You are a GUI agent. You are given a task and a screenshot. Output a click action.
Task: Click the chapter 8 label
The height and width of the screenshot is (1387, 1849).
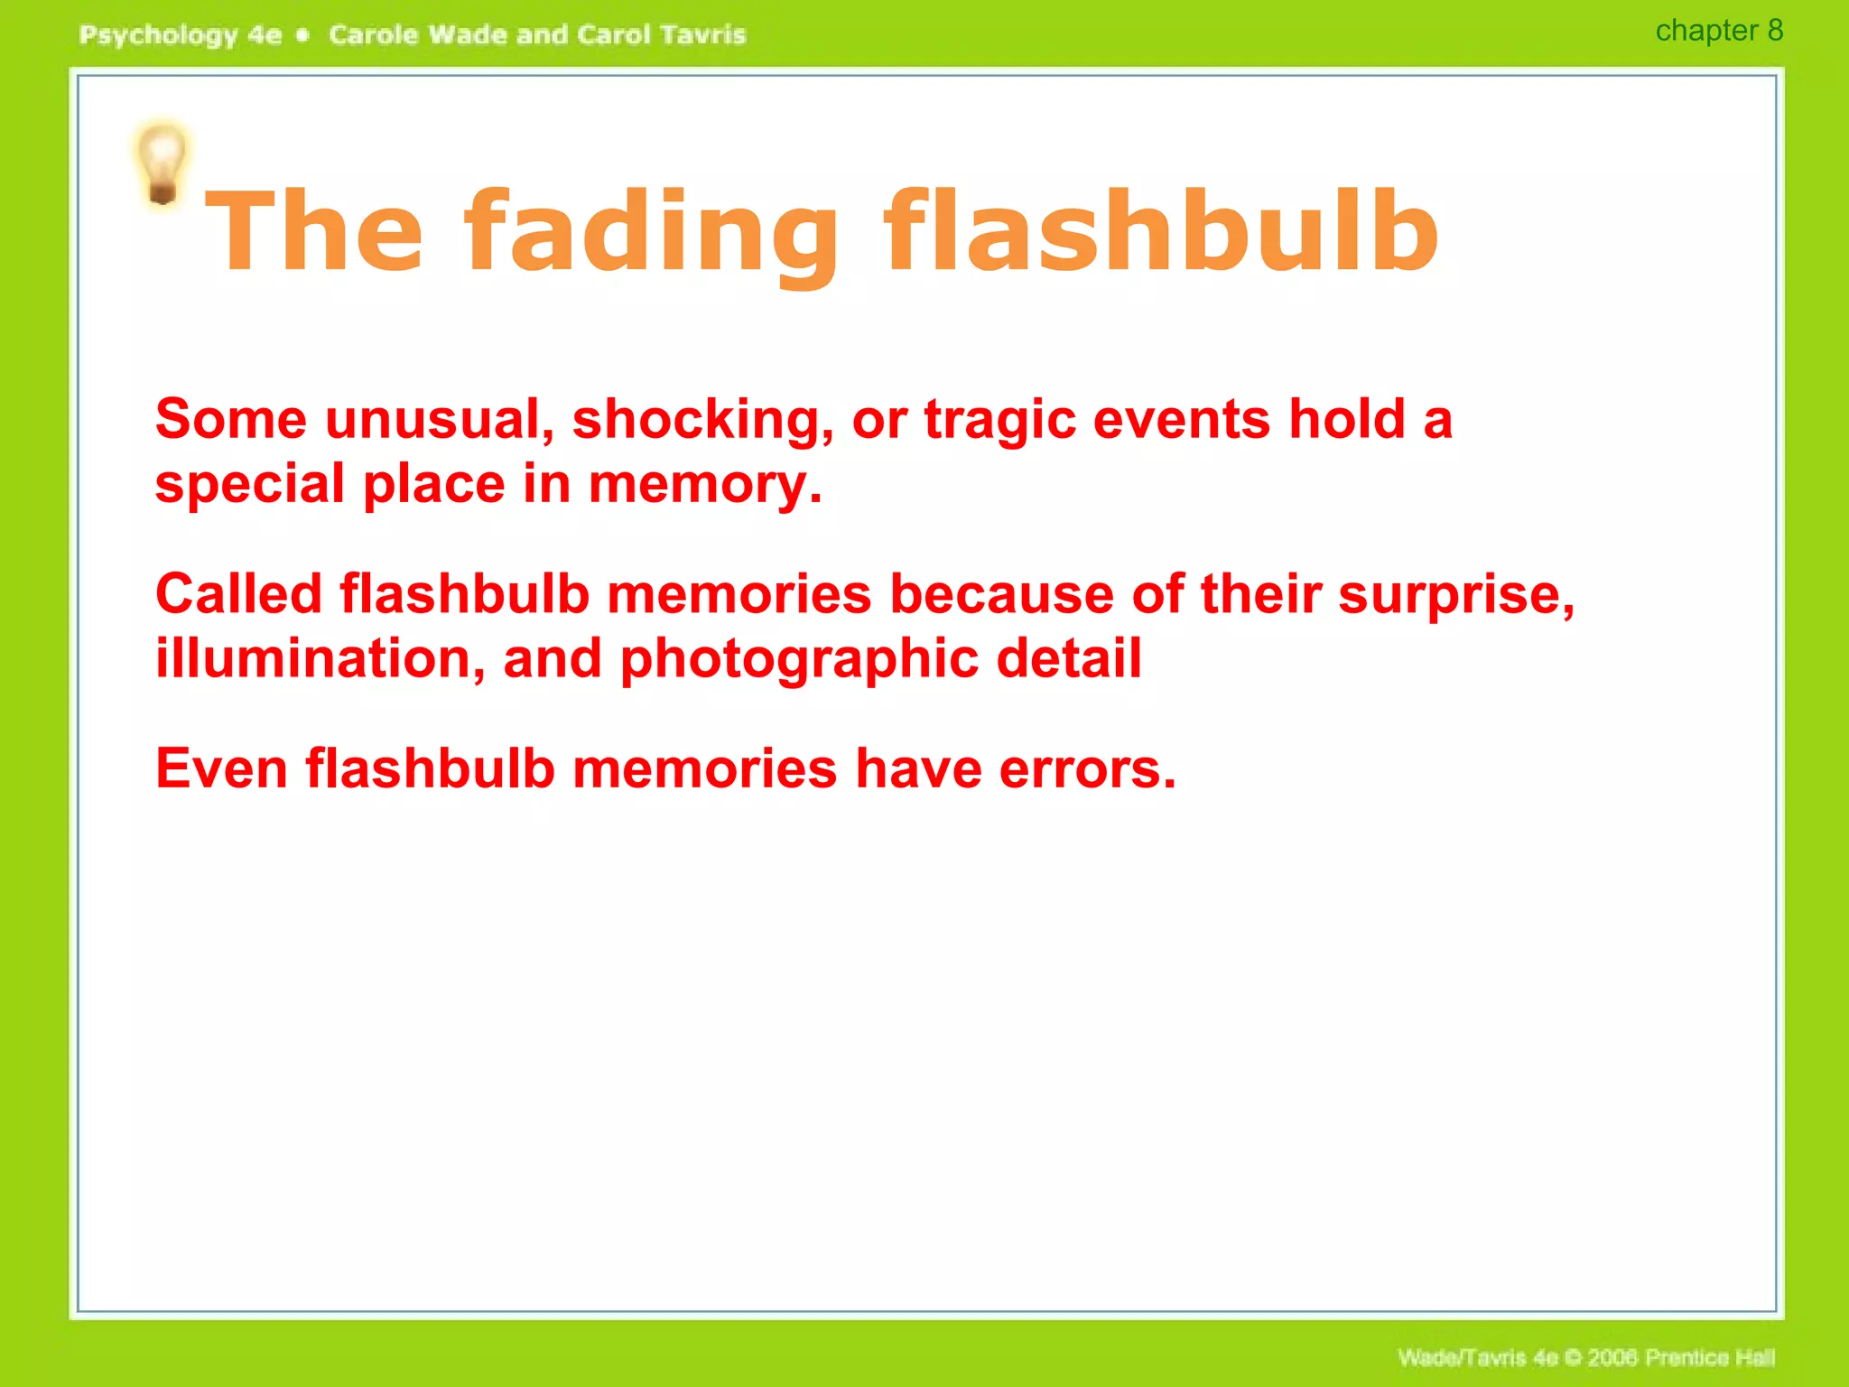pyautogui.click(x=1718, y=31)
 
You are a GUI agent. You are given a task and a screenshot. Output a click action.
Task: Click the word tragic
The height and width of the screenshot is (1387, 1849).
pyautogui.click(x=999, y=421)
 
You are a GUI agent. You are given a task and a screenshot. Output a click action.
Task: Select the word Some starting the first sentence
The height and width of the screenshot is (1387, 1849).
pyautogui.click(x=231, y=420)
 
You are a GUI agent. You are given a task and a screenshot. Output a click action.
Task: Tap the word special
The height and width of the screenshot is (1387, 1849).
pyautogui.click(x=250, y=485)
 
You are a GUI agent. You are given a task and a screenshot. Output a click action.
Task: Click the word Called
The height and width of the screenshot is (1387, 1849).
pyautogui.click(x=238, y=595)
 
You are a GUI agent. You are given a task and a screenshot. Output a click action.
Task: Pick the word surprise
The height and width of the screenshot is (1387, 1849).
pyautogui.click(x=1455, y=595)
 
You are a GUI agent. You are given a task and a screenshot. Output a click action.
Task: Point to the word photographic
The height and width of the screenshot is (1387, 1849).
pyautogui.click(x=799, y=660)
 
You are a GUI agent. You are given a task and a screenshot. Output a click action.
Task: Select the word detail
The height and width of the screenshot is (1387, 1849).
pyautogui.click(x=1069, y=658)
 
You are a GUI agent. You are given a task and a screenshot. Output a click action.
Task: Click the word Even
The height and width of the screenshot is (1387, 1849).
pyautogui.click(x=221, y=769)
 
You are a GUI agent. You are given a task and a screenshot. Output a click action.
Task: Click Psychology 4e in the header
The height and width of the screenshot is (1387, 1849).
pyautogui.click(x=181, y=35)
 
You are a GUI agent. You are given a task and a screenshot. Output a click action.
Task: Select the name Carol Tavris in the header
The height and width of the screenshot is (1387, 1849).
pyautogui.click(x=662, y=35)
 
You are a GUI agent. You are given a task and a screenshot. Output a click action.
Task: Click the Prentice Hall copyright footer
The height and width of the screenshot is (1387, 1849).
pyautogui.click(x=1586, y=1358)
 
